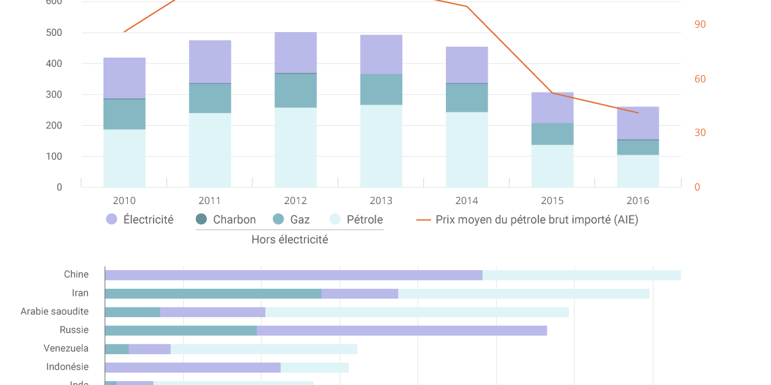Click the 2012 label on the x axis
(x=296, y=201)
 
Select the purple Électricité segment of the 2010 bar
(x=125, y=78)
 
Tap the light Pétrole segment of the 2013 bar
(x=381, y=146)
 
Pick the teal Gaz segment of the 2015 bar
(x=553, y=133)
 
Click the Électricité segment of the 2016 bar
(x=638, y=123)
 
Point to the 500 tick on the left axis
(x=55, y=33)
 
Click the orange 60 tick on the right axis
(x=700, y=79)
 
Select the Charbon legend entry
(x=226, y=219)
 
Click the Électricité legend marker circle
(x=112, y=219)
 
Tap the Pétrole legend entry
(x=357, y=219)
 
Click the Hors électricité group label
(x=290, y=239)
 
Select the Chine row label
(x=76, y=275)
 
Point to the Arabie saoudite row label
(x=55, y=311)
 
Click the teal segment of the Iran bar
(x=213, y=294)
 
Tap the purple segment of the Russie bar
(x=402, y=330)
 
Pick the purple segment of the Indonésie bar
(x=193, y=368)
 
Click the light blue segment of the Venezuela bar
(x=263, y=349)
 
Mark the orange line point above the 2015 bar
(x=552, y=93)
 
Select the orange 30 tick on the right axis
(x=700, y=133)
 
